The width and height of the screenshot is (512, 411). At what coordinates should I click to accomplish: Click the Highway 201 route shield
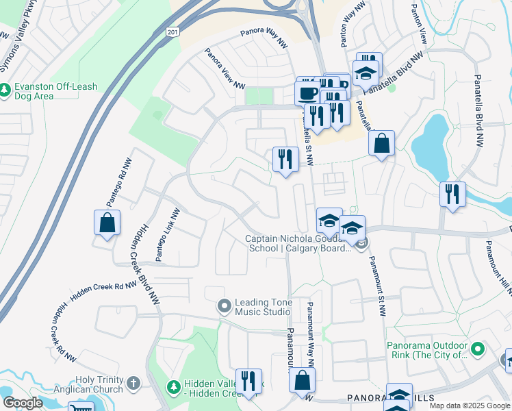coord(173,32)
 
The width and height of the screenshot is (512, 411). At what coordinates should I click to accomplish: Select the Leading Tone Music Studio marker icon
coord(223,306)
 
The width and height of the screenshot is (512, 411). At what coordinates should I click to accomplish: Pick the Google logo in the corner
coord(23,403)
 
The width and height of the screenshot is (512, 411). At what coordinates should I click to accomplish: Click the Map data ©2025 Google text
coord(470,406)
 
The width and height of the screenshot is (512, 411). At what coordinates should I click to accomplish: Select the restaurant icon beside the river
coord(452,195)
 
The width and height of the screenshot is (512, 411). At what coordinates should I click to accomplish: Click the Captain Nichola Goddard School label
coord(298,243)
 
